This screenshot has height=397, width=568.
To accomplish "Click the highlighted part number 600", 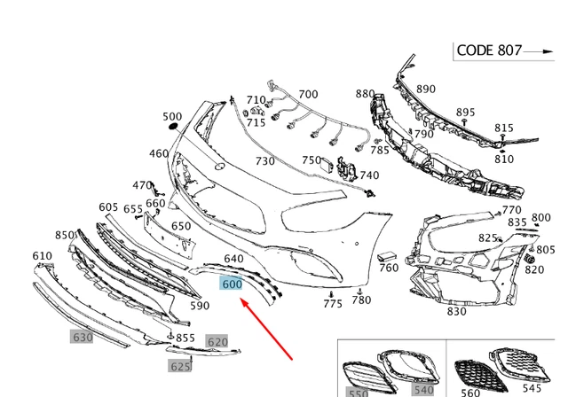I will point(232,285).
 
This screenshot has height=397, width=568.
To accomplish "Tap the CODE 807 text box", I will point(489,51).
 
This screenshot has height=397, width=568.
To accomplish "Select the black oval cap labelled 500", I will point(171,129).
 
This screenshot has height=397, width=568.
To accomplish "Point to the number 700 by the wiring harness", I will point(307,95).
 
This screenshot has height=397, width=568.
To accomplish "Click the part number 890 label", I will point(426,89).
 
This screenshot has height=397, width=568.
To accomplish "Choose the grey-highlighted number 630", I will point(82,338).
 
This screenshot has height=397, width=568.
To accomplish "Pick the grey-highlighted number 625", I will point(180,365).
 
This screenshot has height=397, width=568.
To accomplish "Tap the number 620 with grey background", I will point(217,341).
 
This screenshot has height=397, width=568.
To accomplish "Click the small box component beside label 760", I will point(387,257).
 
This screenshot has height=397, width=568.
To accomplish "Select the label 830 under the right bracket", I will point(456,312).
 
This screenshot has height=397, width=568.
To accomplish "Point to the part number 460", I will point(159,154).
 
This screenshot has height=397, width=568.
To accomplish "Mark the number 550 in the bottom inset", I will point(357,392).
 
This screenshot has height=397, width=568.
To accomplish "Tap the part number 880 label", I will point(365,94).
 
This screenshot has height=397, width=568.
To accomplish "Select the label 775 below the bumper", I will point(333,304).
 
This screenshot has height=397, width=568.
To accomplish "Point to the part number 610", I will point(43,256).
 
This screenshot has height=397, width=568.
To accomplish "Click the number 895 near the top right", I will point(465,113).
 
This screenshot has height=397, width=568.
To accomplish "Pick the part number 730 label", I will point(264,161).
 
